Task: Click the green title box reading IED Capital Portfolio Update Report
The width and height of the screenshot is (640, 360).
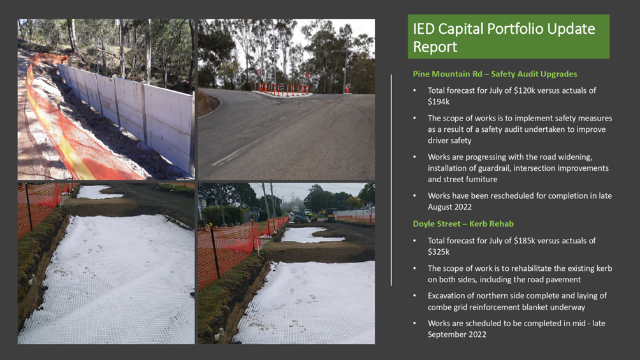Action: coord(509,37)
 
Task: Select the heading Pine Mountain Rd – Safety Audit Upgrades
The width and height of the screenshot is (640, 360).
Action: coord(495,74)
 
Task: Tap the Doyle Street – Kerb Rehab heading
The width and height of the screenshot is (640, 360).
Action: coord(463,224)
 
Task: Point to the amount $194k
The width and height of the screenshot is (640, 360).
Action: coord(439,102)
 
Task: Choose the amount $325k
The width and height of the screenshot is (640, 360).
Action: coord(439,252)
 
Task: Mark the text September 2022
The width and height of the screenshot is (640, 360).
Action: coord(457,335)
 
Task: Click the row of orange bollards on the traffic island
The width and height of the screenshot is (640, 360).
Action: coord(282,89)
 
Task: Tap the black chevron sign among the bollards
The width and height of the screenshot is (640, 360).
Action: coord(282,87)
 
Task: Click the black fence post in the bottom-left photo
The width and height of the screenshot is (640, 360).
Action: coord(29,207)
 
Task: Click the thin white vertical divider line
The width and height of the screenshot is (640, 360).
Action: coord(391,180)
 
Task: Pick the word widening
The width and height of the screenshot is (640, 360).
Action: coord(576,157)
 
